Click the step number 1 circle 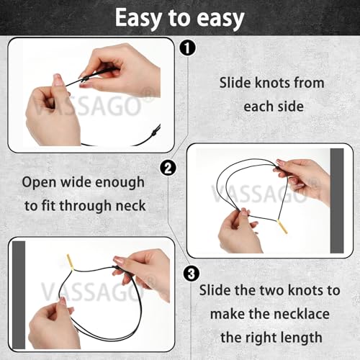click(x=187, y=48)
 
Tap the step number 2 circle click(x=168, y=168)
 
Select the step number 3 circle click(x=192, y=274)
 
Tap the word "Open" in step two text click(x=40, y=183)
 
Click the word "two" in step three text click(x=272, y=290)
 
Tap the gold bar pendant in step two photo click(x=282, y=226)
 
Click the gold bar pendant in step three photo click(x=71, y=262)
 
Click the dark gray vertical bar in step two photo click(x=337, y=201)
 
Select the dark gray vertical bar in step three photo click(x=19, y=295)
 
